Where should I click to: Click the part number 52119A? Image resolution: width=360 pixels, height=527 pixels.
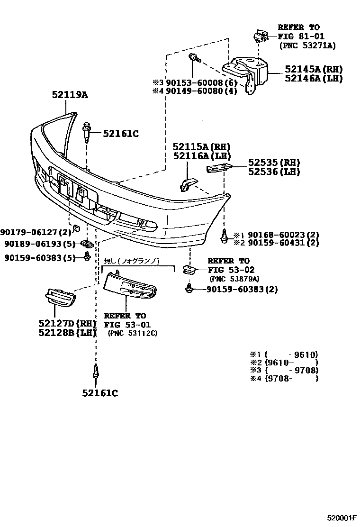(70, 95)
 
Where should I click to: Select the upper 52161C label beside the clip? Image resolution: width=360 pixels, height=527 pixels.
(121, 134)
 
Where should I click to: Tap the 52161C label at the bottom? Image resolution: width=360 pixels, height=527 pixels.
(100, 392)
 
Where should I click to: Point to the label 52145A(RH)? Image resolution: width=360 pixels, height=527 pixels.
(313, 69)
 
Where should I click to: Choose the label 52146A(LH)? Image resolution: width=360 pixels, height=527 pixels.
(313, 79)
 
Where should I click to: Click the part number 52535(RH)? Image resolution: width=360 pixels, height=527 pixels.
(274, 163)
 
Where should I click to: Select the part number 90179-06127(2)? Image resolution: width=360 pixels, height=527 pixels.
(36, 232)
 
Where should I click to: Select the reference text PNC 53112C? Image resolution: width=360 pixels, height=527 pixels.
(133, 333)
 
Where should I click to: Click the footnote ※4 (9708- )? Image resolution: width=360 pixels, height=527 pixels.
(284, 379)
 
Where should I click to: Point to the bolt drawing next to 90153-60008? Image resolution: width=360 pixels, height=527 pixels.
(195, 59)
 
